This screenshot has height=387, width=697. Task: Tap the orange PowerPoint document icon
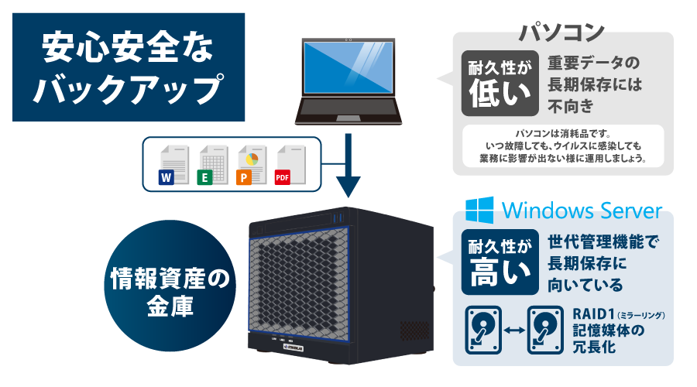249,166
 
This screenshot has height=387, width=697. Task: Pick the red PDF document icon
288,166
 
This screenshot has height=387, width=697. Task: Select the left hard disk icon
482,330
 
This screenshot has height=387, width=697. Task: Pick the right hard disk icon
545,330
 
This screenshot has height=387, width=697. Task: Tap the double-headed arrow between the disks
513,330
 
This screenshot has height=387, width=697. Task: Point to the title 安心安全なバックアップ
129,67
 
